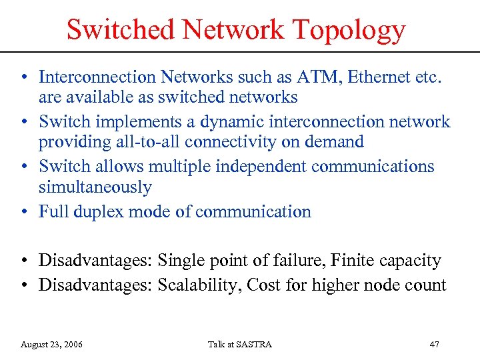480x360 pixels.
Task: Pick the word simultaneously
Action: [x=95, y=187]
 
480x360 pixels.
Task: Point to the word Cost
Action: [x=263, y=285]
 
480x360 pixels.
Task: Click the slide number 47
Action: [x=434, y=344]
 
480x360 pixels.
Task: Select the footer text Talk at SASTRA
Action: [x=239, y=344]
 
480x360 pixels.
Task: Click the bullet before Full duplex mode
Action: [x=23, y=213]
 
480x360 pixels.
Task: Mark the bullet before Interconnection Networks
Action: [x=23, y=77]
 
